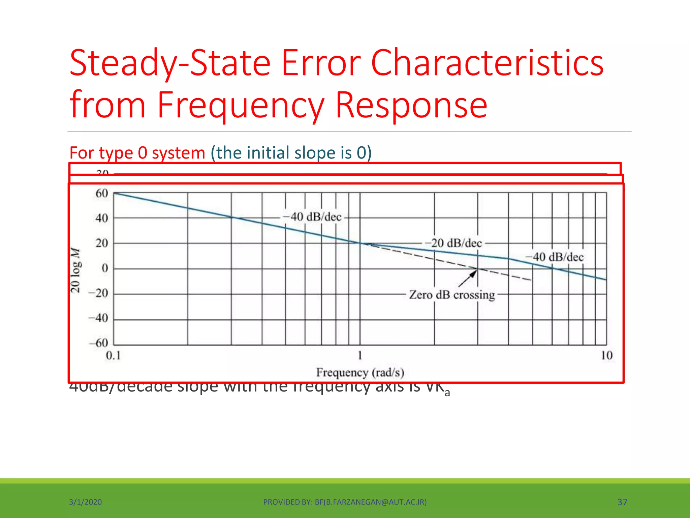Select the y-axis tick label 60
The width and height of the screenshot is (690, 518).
(102, 194)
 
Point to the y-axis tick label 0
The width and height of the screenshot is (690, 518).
(105, 268)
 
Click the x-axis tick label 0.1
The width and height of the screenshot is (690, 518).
(113, 355)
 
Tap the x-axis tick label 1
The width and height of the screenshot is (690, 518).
(360, 355)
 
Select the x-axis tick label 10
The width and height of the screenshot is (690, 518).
(606, 355)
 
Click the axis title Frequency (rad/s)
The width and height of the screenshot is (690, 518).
(360, 373)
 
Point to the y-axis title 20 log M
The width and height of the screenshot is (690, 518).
(75, 270)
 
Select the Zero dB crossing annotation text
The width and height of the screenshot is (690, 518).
(452, 295)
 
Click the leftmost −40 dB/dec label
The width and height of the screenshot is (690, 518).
(312, 217)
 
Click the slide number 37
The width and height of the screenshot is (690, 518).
(622, 502)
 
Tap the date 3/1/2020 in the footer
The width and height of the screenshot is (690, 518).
(85, 502)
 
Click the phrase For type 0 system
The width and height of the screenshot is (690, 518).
(137, 153)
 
